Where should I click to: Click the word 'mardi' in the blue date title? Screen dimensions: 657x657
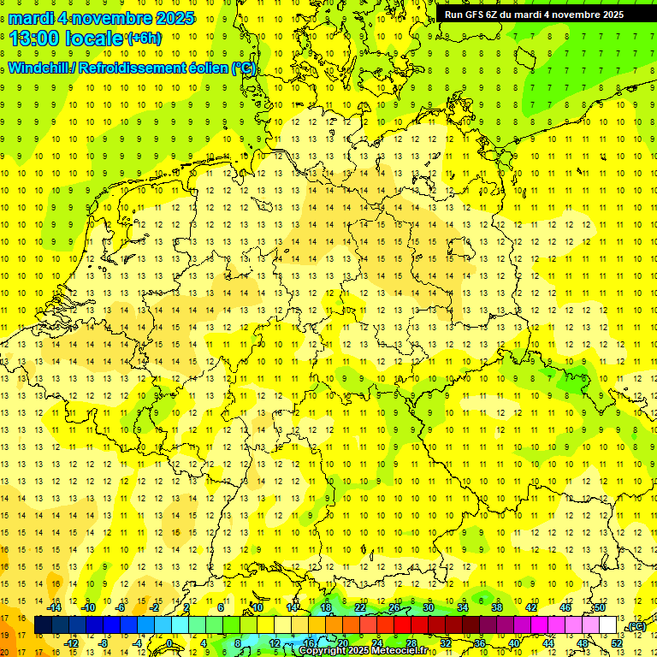pos(33,18)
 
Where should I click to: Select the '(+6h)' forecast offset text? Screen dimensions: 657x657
pos(143,38)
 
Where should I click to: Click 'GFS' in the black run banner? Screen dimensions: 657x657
pos(475,15)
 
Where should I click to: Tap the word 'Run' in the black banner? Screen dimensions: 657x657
pos(453,15)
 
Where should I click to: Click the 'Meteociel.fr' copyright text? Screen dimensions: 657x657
pos(396,651)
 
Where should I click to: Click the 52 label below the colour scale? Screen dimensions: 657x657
pos(616,643)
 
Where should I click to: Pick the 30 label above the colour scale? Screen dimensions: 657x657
pos(429,607)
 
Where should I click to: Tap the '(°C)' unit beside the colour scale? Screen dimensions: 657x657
pos(636,627)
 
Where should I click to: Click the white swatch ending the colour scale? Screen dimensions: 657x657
pos(607,625)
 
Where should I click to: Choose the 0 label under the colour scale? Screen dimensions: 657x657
pos(170,643)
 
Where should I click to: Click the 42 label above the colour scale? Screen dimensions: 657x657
pos(531,607)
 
